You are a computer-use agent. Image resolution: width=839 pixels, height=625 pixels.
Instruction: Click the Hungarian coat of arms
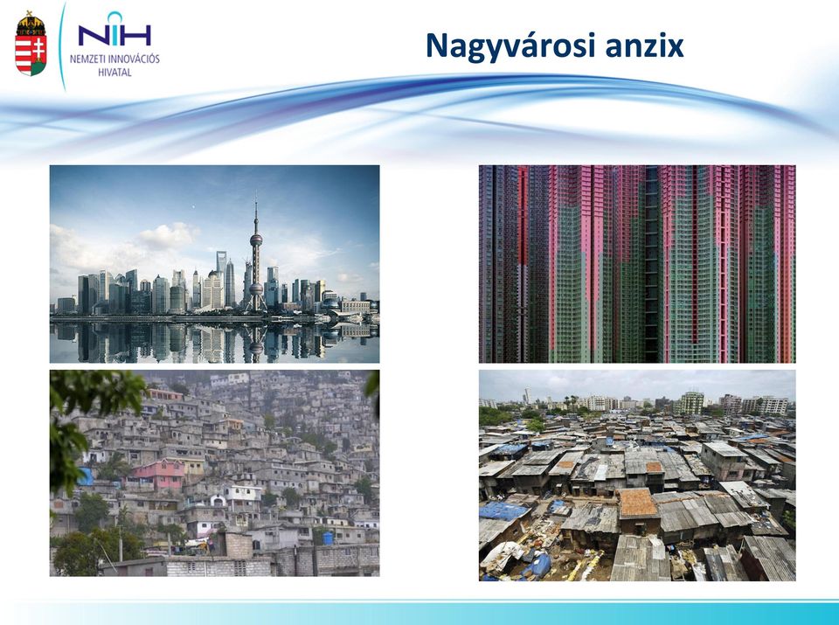click(x=31, y=44)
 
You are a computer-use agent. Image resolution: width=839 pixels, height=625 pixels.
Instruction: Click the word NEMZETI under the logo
click(x=87, y=59)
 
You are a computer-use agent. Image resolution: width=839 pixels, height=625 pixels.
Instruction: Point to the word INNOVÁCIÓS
click(x=134, y=59)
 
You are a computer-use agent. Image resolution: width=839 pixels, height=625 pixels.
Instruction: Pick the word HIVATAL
click(x=114, y=73)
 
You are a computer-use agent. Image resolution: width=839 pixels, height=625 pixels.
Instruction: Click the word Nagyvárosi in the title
click(x=510, y=46)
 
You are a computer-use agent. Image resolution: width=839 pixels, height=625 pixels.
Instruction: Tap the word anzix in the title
click(x=644, y=46)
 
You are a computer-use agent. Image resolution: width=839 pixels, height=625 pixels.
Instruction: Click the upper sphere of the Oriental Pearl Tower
click(x=256, y=240)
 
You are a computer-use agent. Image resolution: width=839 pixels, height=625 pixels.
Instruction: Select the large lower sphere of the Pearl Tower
click(x=256, y=289)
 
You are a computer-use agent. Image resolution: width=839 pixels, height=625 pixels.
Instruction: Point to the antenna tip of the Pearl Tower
click(x=256, y=195)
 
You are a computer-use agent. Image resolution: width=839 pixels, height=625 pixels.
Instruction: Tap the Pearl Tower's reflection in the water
click(x=256, y=342)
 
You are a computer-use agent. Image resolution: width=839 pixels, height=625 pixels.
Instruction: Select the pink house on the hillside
click(x=158, y=474)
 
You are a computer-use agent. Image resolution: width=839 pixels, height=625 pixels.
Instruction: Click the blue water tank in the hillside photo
click(x=327, y=538)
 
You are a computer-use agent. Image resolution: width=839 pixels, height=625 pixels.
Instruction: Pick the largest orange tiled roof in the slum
click(x=637, y=503)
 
